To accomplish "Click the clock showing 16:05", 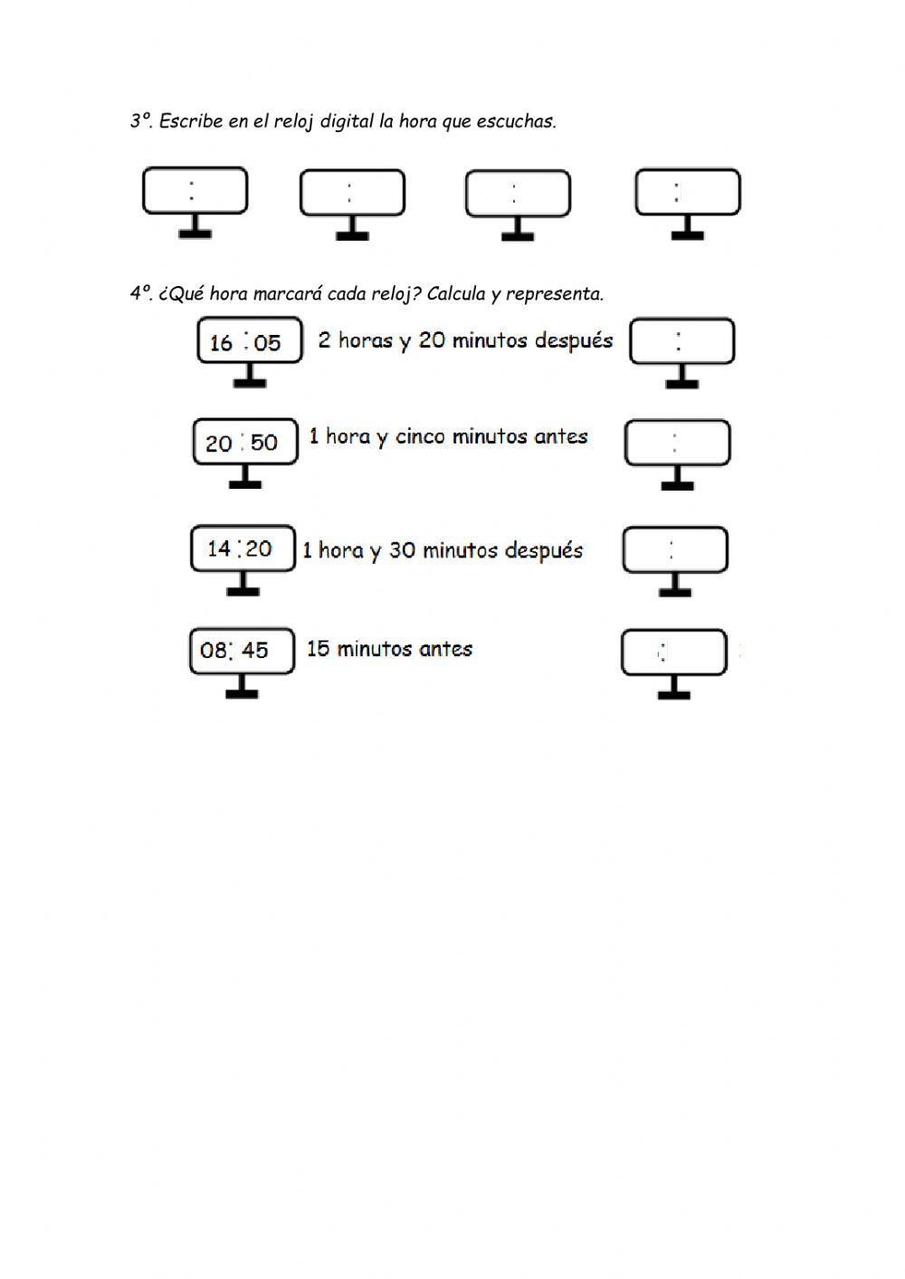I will click(249, 342).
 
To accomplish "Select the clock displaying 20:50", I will click(244, 442).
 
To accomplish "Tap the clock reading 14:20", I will click(243, 549).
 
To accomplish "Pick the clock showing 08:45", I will click(242, 650).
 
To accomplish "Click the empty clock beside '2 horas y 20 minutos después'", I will click(681, 341).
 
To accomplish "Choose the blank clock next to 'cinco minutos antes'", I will click(677, 443).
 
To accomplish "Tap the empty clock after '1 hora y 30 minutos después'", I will click(674, 549).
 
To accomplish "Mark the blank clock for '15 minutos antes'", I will click(673, 652).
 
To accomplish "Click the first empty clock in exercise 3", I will click(195, 191).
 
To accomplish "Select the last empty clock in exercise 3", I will click(687, 192).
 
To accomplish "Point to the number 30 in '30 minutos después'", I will click(402, 550).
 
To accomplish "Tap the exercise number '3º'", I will click(141, 121).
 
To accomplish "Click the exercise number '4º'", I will click(141, 294).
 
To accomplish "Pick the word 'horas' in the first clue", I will click(366, 340).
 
